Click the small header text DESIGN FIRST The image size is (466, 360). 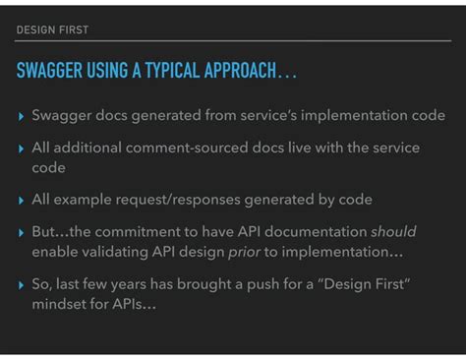point(52,30)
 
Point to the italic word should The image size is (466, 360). point(392,231)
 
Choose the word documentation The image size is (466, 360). point(314,231)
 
